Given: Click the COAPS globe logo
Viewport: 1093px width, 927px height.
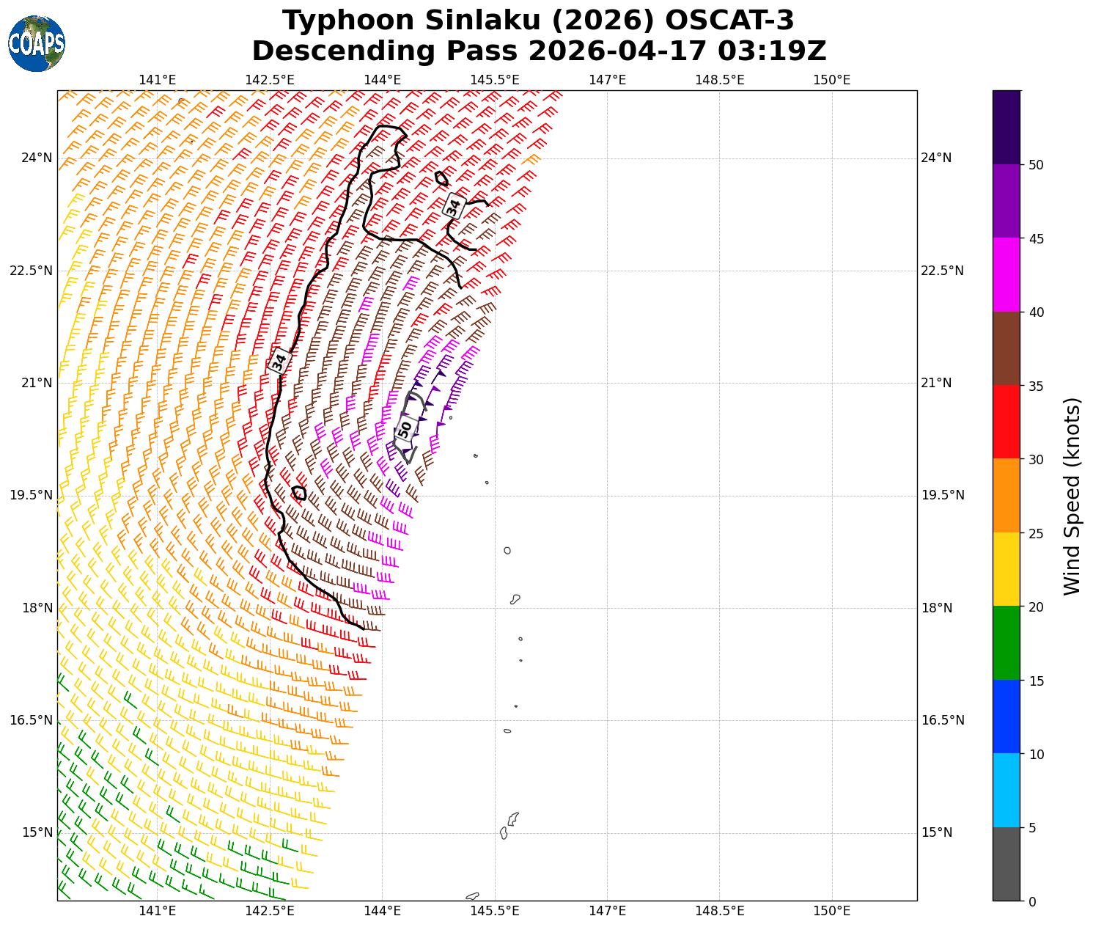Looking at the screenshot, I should (x=37, y=44).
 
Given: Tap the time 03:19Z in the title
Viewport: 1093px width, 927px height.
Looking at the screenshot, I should (x=772, y=51).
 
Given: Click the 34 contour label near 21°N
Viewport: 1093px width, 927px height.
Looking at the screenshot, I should (x=279, y=362).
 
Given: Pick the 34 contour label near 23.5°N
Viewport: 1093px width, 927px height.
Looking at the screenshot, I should (x=455, y=207).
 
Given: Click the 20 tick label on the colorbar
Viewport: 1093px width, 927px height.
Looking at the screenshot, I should (x=1036, y=607).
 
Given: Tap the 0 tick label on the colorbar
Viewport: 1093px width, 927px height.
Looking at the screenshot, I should (x=1032, y=901).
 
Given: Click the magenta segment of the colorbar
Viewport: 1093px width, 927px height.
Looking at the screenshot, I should (x=1006, y=275).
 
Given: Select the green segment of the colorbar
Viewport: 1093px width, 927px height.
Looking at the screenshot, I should (x=1006, y=643).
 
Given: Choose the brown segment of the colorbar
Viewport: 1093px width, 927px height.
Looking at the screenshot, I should (x=1006, y=348).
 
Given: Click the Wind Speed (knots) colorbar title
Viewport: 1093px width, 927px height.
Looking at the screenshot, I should (x=1072, y=497).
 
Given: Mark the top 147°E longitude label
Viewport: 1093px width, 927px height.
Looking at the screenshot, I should (x=607, y=79).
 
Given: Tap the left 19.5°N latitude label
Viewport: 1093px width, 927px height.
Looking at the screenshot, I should (x=32, y=495).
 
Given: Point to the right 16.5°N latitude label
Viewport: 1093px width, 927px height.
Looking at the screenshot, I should (x=942, y=720).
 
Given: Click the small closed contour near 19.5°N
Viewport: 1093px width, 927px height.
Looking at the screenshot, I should (x=299, y=493).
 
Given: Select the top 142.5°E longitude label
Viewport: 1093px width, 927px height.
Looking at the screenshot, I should (x=270, y=79).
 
